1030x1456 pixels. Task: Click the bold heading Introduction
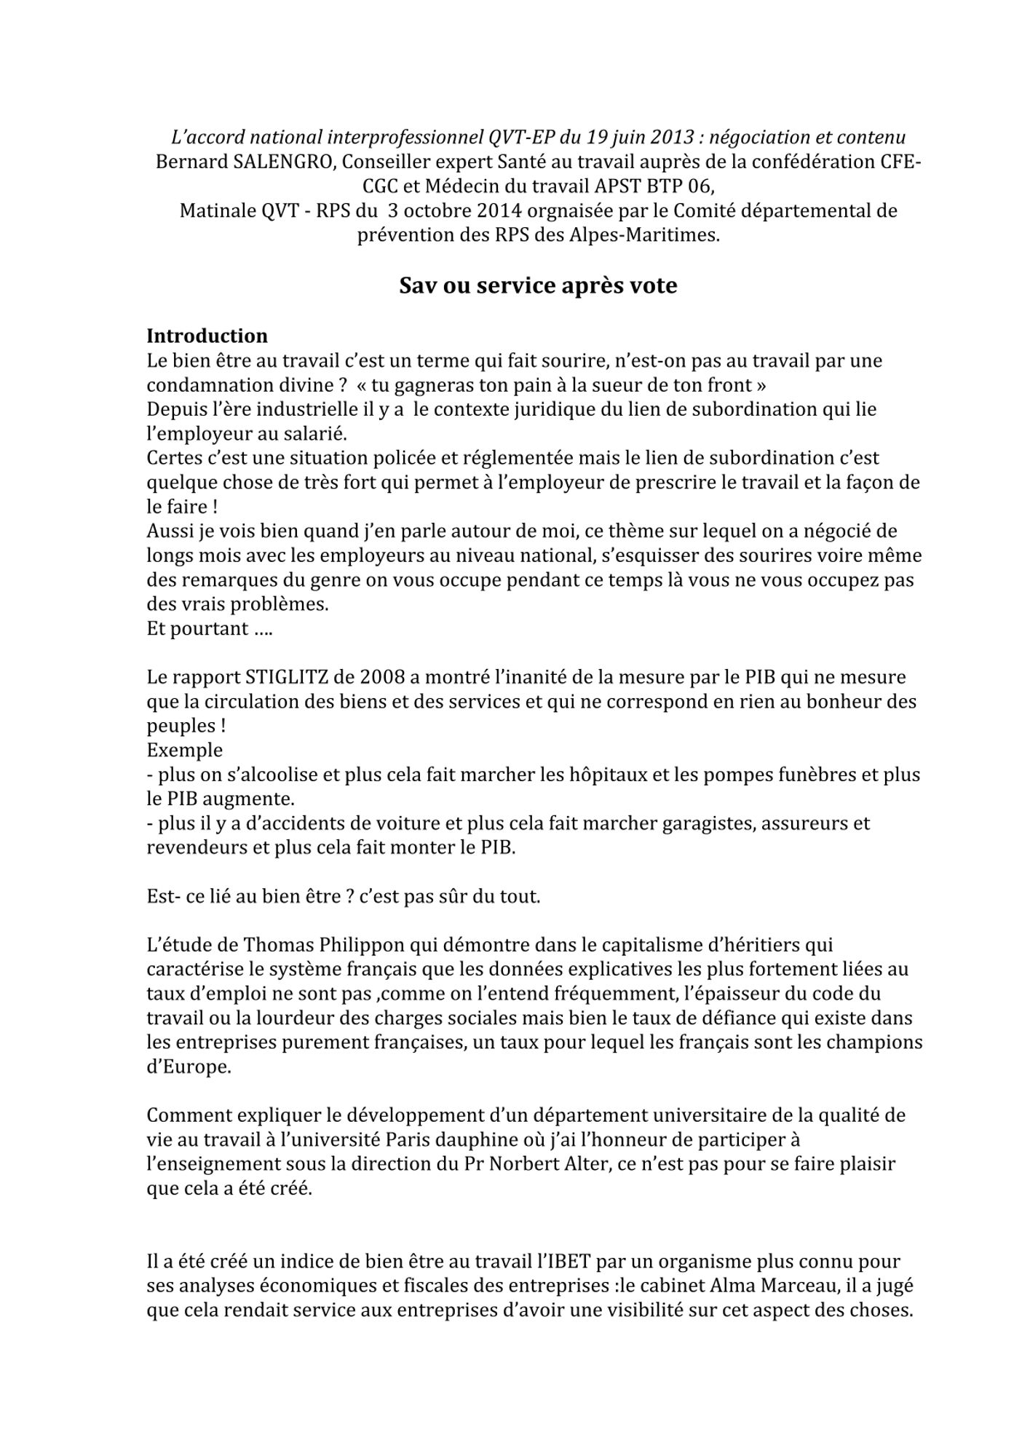[x=207, y=336]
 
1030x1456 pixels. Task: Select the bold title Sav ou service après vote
[x=537, y=286]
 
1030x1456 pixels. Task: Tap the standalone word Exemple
[x=185, y=751]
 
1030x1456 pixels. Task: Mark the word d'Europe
[x=189, y=1068]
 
